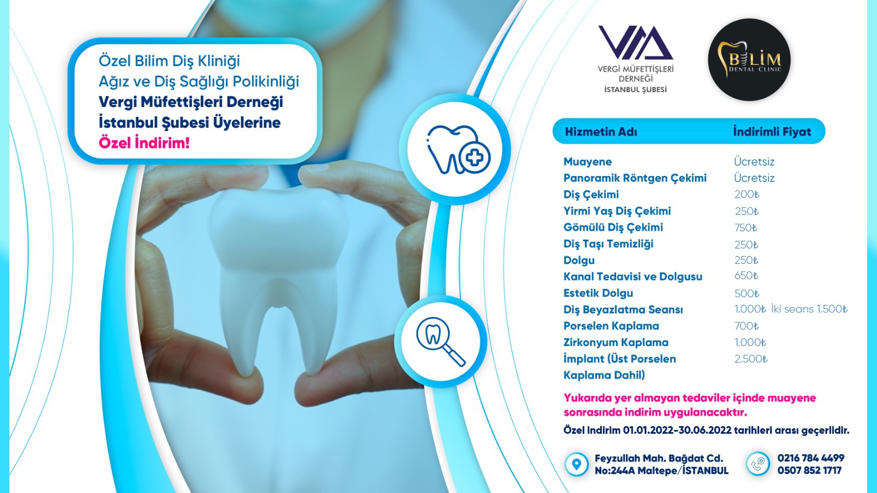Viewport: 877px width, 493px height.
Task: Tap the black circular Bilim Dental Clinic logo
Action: [x=749, y=60]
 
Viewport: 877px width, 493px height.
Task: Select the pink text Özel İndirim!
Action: [x=144, y=143]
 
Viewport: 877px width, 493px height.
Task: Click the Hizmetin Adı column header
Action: [x=601, y=132]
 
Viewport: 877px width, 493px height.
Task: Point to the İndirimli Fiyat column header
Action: [x=772, y=132]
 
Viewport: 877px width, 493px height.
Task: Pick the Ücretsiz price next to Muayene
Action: [x=754, y=161]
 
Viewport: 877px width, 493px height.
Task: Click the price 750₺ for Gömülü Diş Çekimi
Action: [x=746, y=228]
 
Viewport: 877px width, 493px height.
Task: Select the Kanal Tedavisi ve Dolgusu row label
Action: [x=633, y=276]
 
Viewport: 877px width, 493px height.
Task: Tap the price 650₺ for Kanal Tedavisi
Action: [x=746, y=276]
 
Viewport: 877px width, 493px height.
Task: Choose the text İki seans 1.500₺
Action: [x=809, y=309]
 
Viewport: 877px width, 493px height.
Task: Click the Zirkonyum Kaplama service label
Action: [x=616, y=342]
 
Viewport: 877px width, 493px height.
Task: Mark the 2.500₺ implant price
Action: [x=751, y=359]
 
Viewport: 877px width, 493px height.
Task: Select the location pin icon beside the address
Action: [x=576, y=464]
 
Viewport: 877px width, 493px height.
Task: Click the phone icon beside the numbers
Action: [x=758, y=464]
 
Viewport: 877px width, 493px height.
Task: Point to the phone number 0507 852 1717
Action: [x=809, y=471]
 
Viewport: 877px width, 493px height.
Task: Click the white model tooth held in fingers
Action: [x=277, y=270]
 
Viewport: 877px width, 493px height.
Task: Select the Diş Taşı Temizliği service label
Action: [x=608, y=243]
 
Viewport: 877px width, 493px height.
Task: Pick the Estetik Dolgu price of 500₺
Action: [x=747, y=293]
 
